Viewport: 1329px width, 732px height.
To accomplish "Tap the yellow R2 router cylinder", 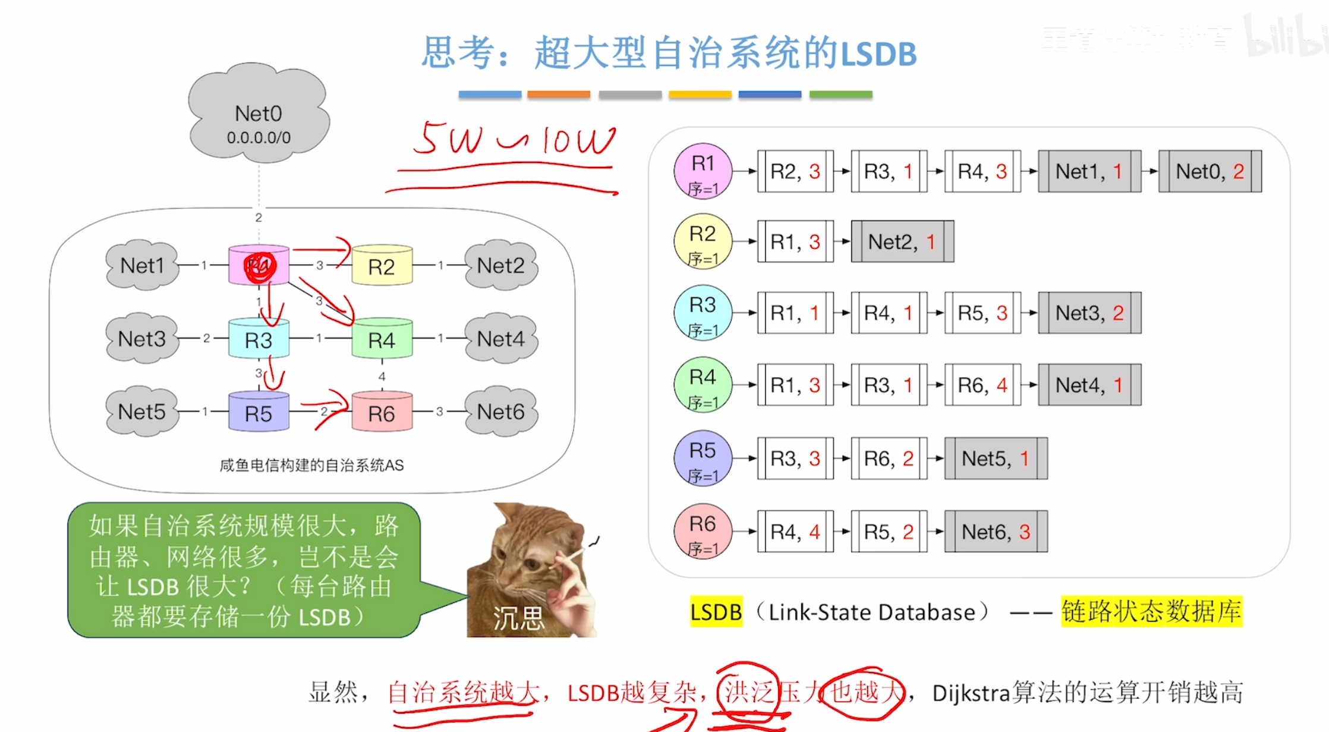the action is pyautogui.click(x=382, y=266).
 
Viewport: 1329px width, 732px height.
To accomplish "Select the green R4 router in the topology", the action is pyautogui.click(x=382, y=340).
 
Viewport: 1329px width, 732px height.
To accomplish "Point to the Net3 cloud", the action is pyautogui.click(x=142, y=339).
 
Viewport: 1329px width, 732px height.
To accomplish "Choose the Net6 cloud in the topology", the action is pyautogui.click(x=501, y=411).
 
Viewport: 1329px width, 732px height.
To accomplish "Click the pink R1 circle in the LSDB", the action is pyautogui.click(x=703, y=171).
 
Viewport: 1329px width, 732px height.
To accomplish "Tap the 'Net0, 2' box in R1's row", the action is pyautogui.click(x=1210, y=171).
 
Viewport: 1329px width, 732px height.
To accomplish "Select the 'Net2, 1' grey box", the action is pyautogui.click(x=902, y=241).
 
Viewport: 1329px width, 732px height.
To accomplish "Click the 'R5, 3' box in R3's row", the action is pyautogui.click(x=982, y=313).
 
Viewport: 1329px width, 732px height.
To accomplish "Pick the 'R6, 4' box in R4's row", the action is pyautogui.click(x=982, y=385).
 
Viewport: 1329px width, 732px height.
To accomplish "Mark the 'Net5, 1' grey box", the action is pyautogui.click(x=996, y=458).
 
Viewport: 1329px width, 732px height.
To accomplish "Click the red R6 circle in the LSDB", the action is pyautogui.click(x=703, y=531).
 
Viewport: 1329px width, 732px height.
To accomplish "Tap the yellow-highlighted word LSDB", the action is pyautogui.click(x=716, y=612).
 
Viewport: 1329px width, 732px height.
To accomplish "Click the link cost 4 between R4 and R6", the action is pyautogui.click(x=382, y=376).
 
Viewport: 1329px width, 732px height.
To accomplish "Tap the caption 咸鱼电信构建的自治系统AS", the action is pyautogui.click(x=311, y=465).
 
